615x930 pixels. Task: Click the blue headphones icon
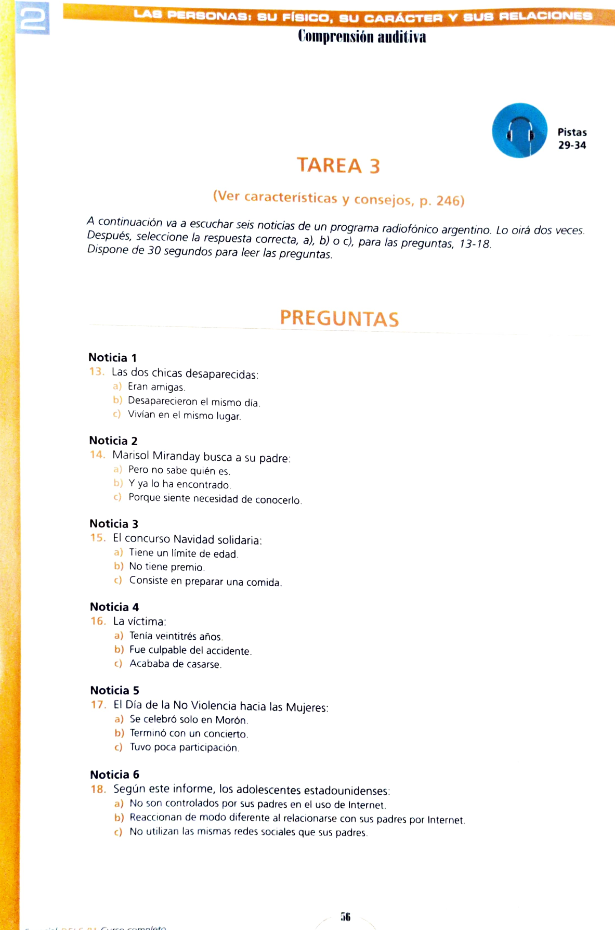pos(519,131)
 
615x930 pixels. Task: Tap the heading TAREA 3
pos(338,165)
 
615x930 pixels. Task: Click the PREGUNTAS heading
pos(339,318)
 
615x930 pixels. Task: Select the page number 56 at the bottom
pos(345,916)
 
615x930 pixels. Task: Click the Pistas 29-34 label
pos(572,139)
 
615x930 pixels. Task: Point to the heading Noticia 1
pos(112,357)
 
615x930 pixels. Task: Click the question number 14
pos(97,455)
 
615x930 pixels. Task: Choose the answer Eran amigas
pos(156,387)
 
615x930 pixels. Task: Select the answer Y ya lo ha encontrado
pos(179,484)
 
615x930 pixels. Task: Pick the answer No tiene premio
pos(166,567)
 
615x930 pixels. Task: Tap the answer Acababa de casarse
pos(175,664)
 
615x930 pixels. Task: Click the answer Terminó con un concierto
pos(188,734)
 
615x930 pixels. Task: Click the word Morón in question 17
pos(231,720)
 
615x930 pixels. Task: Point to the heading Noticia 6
pos(114,774)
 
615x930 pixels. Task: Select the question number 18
pos(98,789)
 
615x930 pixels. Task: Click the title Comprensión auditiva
pos(362,37)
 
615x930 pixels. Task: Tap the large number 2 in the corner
pos(33,18)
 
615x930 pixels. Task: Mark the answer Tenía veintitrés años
pos(176,636)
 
